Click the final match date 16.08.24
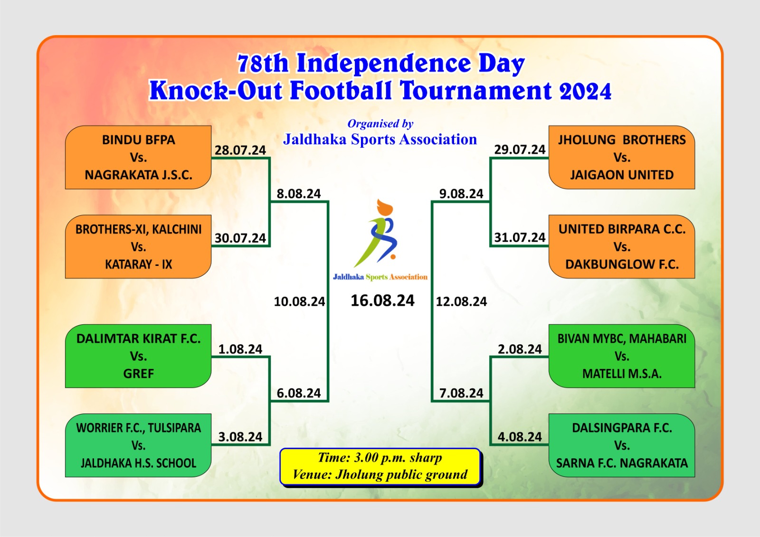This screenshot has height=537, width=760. (x=382, y=301)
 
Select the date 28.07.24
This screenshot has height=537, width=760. (x=240, y=150)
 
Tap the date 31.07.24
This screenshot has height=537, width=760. (x=520, y=237)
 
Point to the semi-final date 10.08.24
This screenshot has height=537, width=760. (x=299, y=301)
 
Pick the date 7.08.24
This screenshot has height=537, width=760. (x=461, y=393)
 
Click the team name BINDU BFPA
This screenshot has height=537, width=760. (x=138, y=140)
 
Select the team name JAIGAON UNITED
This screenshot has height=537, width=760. (x=622, y=175)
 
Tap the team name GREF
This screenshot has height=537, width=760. (x=138, y=374)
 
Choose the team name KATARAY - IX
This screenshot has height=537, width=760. (x=138, y=264)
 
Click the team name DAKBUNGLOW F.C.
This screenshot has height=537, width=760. (x=622, y=264)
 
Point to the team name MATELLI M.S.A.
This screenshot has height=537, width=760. (x=622, y=374)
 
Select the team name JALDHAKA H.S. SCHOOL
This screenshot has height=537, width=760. (x=138, y=463)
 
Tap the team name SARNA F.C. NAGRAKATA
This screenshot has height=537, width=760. (x=622, y=463)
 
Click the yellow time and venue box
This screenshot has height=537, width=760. (x=380, y=467)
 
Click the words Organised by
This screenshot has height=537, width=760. (x=380, y=124)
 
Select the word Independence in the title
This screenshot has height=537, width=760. (x=384, y=64)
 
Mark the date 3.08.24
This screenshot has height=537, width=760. (x=240, y=437)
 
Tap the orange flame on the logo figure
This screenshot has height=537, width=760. (x=385, y=207)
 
